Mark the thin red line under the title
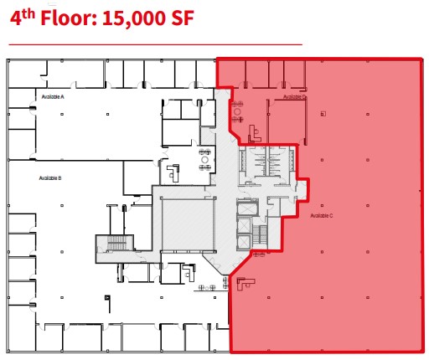[155, 44]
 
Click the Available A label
[53, 97]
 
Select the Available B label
[50, 178]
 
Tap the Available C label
[322, 216]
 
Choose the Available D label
[294, 97]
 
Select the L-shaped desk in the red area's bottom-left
[245, 282]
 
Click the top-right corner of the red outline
[421, 59]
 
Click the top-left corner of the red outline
[218, 60]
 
